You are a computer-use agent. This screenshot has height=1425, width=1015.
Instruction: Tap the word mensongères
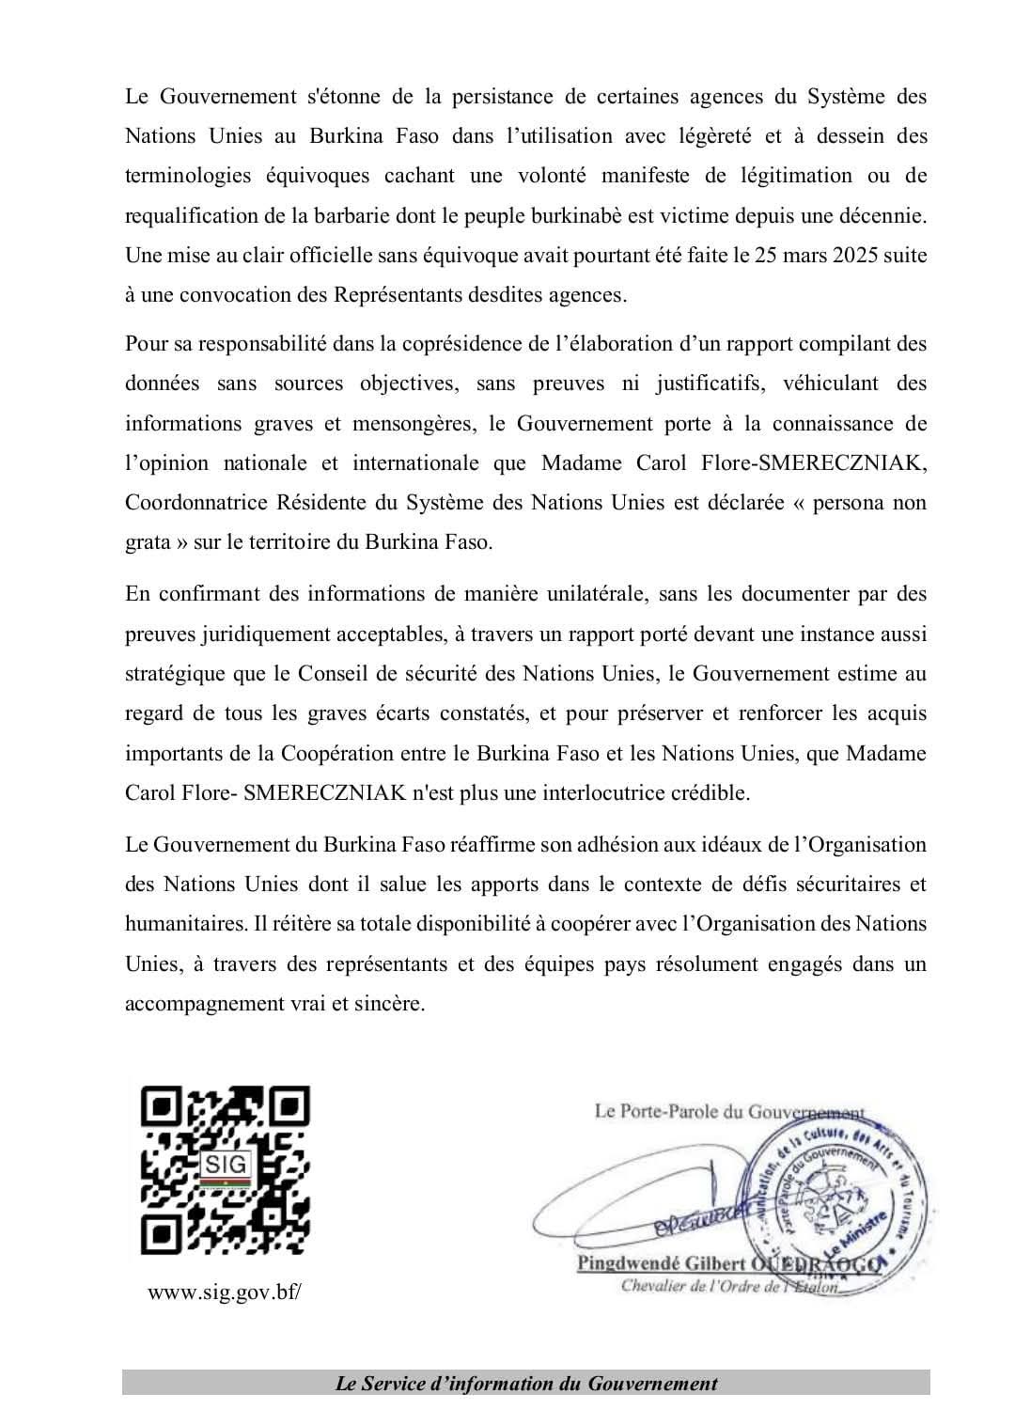pyautogui.click(x=412, y=423)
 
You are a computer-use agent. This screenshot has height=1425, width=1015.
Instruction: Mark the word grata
pyautogui.click(x=148, y=542)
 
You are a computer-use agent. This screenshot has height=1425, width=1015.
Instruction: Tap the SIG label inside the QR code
pyautogui.click(x=226, y=1164)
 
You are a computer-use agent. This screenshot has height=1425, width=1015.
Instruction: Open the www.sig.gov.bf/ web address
pyautogui.click(x=226, y=1292)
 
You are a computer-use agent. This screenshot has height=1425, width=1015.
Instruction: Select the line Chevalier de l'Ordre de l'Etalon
pyautogui.click(x=728, y=1285)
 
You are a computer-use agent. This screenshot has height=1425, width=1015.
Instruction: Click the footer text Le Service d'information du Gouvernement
pyautogui.click(x=526, y=1383)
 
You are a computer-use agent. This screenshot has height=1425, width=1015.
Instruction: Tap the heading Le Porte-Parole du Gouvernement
pyautogui.click(x=729, y=1111)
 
